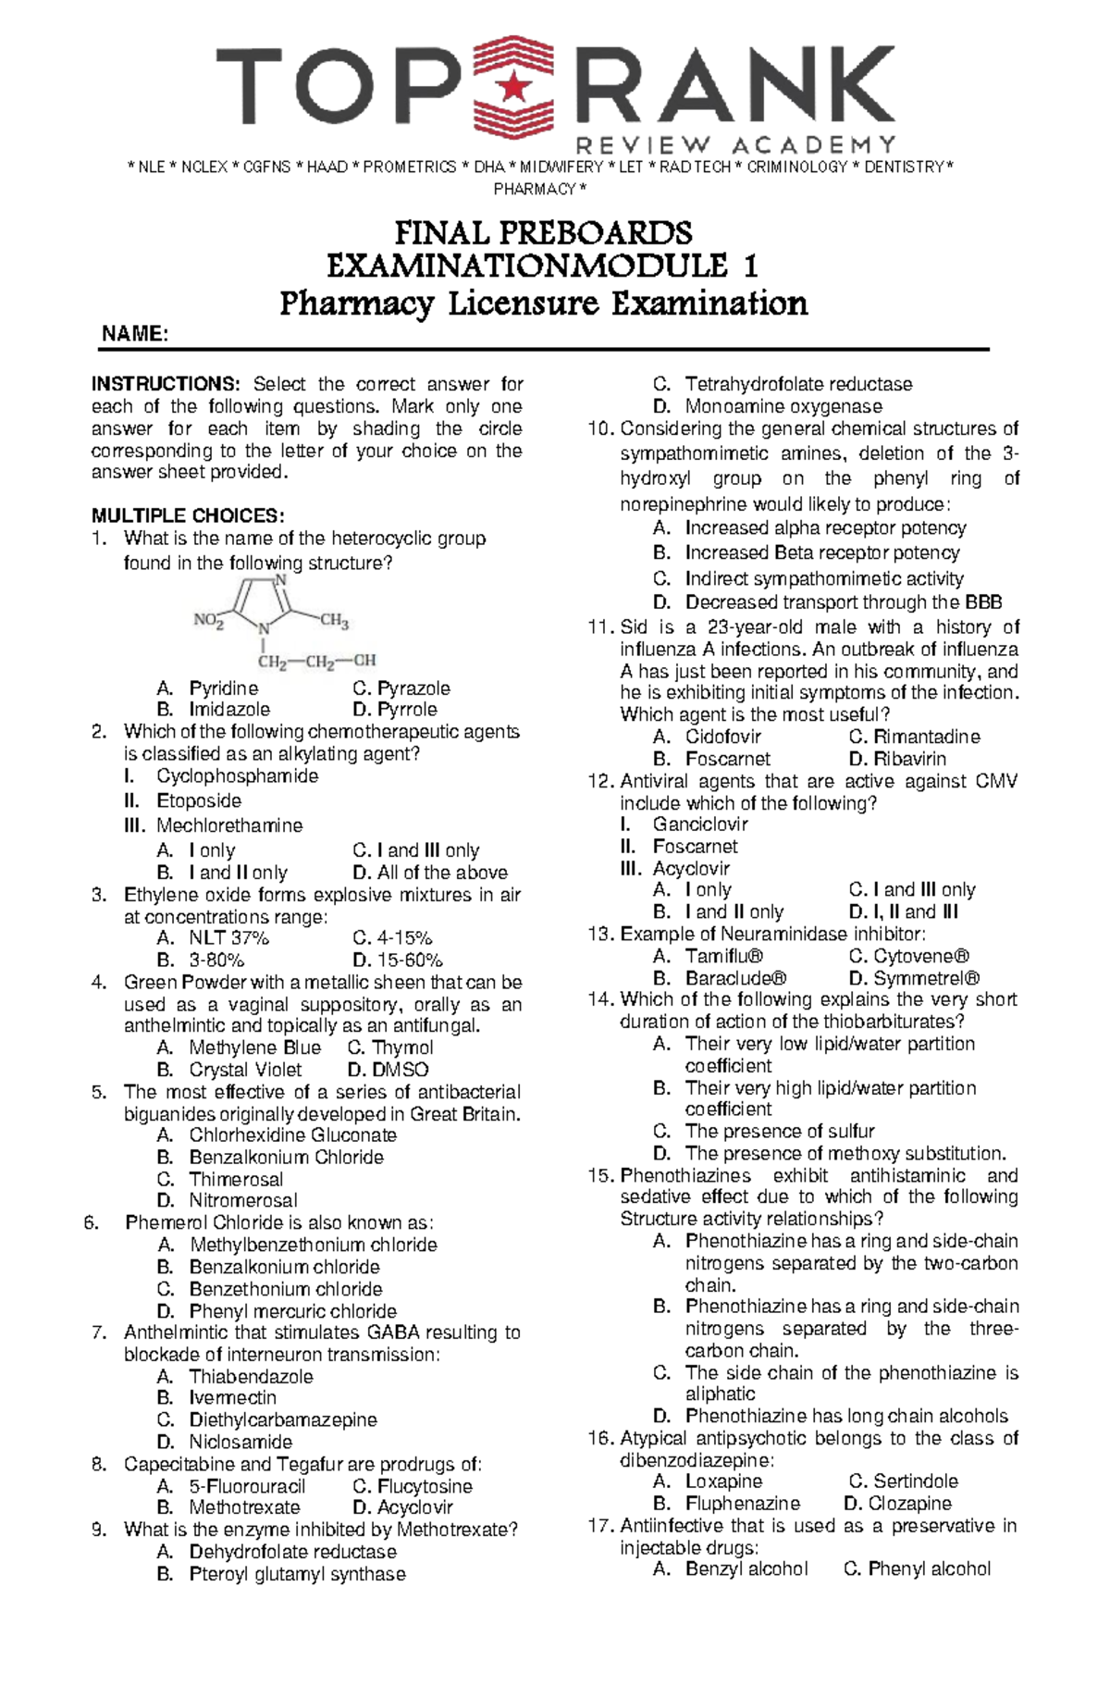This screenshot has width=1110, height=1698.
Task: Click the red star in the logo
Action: [x=512, y=86]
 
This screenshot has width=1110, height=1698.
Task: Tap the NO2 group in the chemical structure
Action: [x=208, y=621]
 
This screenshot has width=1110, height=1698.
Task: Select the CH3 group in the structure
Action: [x=334, y=621]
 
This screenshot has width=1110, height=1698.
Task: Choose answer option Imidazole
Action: [x=229, y=710]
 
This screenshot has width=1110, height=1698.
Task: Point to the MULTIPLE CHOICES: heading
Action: [x=188, y=515]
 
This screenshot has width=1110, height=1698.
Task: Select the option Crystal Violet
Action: [x=245, y=1070]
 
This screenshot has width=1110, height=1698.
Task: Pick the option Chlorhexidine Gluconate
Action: [x=292, y=1135]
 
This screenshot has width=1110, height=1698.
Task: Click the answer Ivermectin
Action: [x=232, y=1398]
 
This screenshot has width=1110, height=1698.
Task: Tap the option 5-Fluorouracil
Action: [x=246, y=1487]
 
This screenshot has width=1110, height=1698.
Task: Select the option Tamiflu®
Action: [x=724, y=957]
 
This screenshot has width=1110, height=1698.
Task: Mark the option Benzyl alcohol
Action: [x=746, y=1569]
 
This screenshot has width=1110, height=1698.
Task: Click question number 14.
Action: [x=600, y=1000]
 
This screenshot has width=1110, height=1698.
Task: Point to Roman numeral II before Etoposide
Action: [x=132, y=801]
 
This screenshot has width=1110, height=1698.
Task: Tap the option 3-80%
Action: [x=216, y=961]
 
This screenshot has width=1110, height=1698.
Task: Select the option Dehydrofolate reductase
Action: [x=292, y=1552]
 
